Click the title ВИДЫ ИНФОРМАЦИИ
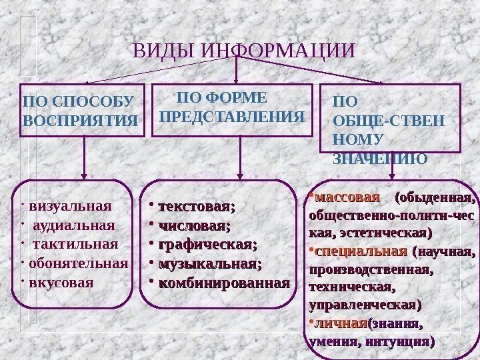(245, 51)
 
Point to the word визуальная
(75, 204)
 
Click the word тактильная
(75, 243)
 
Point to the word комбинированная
(223, 283)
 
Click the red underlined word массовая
(347, 198)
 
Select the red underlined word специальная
(361, 253)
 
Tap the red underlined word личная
(341, 324)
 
